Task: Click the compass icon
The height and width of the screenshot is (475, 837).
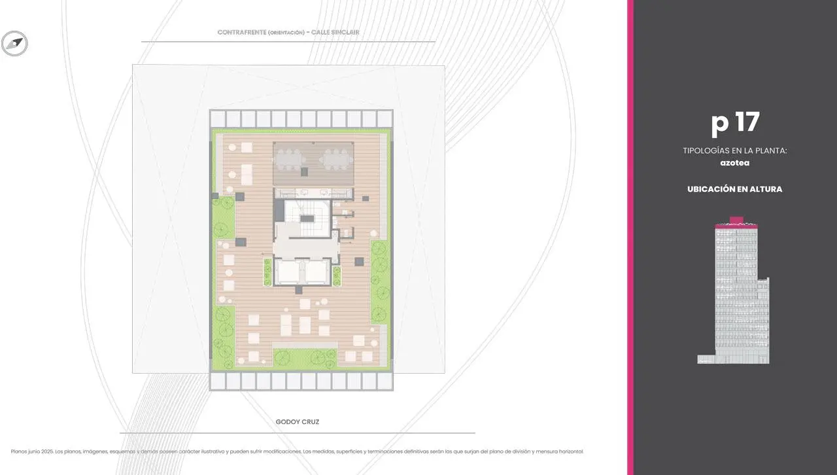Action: tap(14, 43)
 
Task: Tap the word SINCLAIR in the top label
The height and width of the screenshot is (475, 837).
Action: tap(345, 33)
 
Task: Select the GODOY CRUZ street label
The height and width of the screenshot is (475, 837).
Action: tap(298, 422)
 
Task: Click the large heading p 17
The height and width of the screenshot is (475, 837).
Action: tap(735, 123)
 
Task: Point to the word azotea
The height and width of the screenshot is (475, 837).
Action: tap(734, 163)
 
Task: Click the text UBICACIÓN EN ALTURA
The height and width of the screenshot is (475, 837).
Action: tap(734, 189)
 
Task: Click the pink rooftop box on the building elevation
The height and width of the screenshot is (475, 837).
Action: tap(736, 220)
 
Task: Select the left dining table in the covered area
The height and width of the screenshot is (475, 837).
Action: tap(288, 160)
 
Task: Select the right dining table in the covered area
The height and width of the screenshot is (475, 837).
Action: tap(336, 160)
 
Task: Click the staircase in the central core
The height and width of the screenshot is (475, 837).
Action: tap(307, 219)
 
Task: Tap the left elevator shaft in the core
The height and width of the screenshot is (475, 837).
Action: tap(288, 272)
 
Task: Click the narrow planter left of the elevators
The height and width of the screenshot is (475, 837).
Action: tap(267, 272)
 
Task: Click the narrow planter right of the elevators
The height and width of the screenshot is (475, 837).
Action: tap(337, 276)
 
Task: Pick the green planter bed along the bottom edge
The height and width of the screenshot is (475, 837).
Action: tap(305, 358)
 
